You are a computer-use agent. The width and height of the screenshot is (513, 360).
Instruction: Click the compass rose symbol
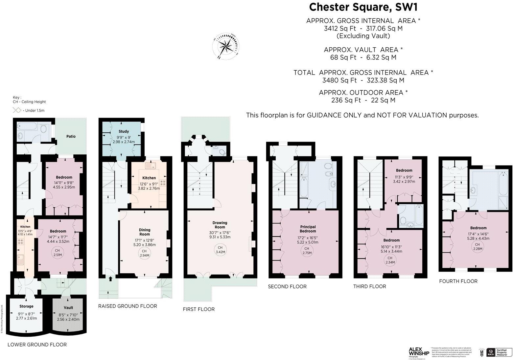226,46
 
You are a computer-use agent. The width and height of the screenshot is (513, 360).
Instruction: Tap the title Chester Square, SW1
363,7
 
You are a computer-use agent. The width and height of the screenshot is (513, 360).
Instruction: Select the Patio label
71,136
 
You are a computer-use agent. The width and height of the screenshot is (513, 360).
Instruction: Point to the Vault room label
68,308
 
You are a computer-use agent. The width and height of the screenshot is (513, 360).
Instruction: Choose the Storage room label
26,306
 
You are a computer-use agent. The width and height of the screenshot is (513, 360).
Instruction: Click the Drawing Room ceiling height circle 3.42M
220,250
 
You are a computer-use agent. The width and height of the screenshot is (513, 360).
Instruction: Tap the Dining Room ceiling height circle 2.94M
144,253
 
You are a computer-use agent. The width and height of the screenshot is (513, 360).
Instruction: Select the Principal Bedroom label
308,229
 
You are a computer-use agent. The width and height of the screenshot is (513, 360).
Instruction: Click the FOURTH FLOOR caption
458,281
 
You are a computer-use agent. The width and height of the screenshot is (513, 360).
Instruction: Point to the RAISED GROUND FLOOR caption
128,306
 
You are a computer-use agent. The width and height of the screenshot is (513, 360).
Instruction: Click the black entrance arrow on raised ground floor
110,279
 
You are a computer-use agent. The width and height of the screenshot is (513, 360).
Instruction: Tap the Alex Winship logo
418,352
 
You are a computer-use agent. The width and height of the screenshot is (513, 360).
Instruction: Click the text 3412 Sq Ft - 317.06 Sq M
363,28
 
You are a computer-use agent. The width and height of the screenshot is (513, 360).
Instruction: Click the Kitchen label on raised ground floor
149,178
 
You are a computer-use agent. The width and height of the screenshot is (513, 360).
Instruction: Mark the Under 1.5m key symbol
17,110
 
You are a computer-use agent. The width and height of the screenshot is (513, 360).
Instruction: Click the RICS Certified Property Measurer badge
498,352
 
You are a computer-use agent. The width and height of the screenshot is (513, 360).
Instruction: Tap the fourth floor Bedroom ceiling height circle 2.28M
477,246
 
